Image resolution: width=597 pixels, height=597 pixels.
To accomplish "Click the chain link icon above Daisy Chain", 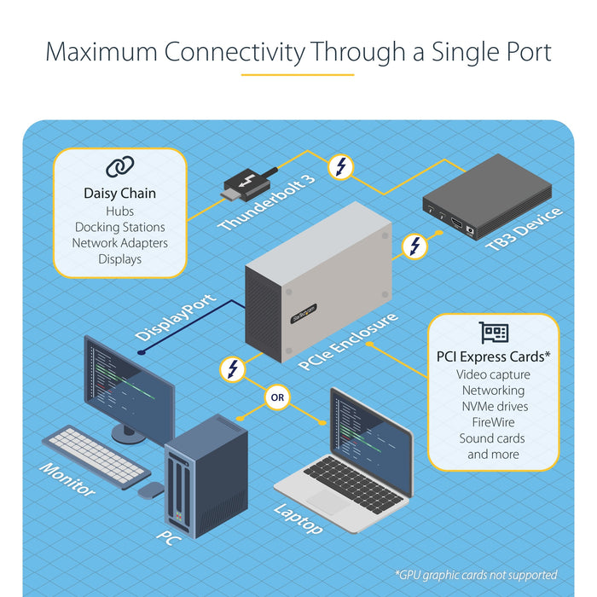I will pos(119,167).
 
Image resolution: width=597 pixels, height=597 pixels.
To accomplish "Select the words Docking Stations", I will pos(119,227).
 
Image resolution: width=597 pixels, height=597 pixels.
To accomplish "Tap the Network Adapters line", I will pos(119,243).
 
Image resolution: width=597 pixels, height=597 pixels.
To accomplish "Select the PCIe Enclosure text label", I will pos(348,342).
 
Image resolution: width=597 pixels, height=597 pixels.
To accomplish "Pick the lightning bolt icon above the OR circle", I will pos(232,369).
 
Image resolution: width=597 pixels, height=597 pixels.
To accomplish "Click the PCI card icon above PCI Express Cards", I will pos(494,333).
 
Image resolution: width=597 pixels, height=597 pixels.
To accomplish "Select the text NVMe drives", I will pos(493,406).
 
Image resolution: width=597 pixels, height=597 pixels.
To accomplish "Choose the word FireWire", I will pos(493,422).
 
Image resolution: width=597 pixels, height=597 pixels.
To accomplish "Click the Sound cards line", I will pos(493,438).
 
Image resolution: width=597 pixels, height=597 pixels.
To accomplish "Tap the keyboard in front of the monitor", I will pos(96,455).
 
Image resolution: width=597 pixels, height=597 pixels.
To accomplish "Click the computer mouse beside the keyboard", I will pos(152,490).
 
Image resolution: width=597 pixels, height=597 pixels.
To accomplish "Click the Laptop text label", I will pos(298,519).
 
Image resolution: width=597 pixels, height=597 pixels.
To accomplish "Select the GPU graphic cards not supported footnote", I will pos(476,575).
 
